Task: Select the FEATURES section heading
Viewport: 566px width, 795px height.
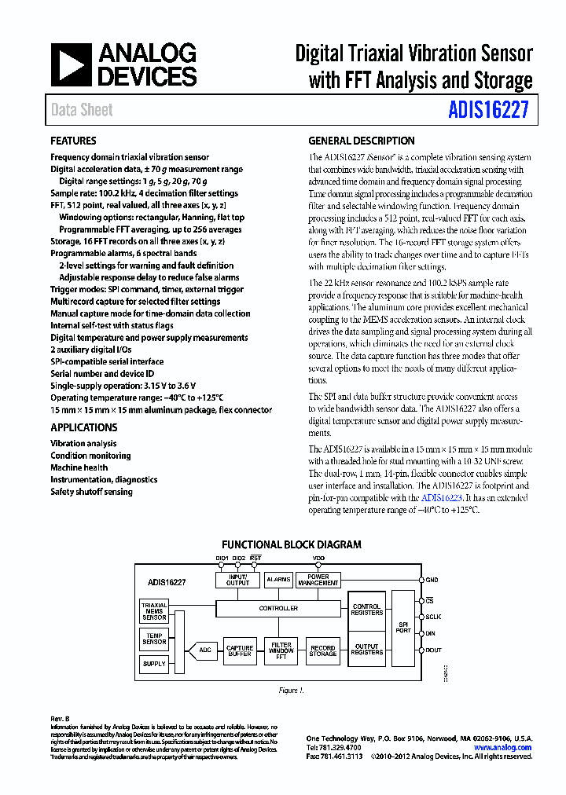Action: (73, 141)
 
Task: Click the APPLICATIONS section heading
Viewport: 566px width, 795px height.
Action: (83, 428)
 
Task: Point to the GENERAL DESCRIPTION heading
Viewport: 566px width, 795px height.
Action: (361, 141)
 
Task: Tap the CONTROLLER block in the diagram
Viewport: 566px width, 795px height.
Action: (278, 608)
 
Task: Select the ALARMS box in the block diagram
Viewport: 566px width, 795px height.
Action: (278, 580)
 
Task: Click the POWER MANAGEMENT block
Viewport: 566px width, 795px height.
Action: (318, 580)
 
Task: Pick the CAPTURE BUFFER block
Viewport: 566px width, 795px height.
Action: (239, 651)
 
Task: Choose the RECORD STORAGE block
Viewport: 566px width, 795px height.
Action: (322, 651)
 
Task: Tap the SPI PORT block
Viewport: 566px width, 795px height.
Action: (403, 628)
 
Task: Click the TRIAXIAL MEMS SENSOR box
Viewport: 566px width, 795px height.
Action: (154, 612)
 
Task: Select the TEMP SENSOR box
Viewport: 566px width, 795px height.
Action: (154, 639)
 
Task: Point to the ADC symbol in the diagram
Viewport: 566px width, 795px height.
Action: (202, 650)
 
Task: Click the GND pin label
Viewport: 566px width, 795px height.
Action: (432, 580)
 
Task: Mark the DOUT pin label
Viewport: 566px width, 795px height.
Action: (433, 650)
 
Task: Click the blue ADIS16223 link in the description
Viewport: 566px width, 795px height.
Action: (441, 498)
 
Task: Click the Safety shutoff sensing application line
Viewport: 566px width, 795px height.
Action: (91, 492)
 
